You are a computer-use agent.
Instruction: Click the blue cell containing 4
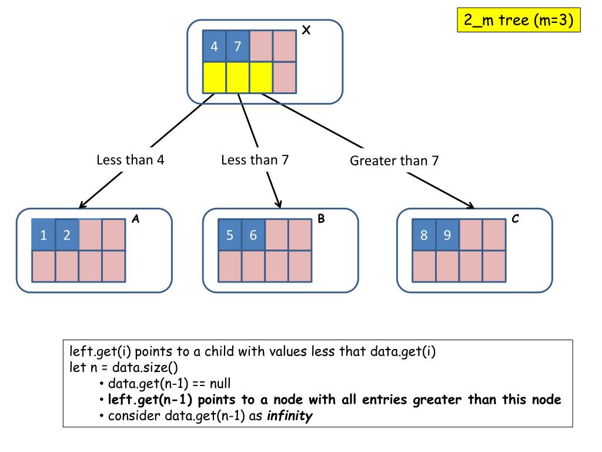pos(215,46)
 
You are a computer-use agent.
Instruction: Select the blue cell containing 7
pos(238,46)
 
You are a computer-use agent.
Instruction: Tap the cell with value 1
pos(44,235)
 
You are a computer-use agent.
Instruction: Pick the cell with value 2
pos(67,235)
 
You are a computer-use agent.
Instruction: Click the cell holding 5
pos(230,235)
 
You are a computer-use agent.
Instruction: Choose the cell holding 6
pos(253,235)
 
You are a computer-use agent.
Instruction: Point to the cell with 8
pos(424,235)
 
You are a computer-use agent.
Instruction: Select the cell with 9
pos(447,235)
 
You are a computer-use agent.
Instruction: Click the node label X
pos(306,31)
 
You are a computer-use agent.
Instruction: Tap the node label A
pos(135,219)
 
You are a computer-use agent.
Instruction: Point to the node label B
pos(321,219)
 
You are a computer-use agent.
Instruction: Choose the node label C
pos(515,219)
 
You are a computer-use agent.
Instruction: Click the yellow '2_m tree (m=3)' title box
pos(519,21)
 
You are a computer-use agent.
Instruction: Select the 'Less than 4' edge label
pos(130,160)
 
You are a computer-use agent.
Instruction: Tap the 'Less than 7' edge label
pos(255,159)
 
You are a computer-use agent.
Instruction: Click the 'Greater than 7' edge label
pos(394,161)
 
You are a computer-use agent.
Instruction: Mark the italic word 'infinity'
pos(290,416)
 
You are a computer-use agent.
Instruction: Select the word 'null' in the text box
pos(226,384)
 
